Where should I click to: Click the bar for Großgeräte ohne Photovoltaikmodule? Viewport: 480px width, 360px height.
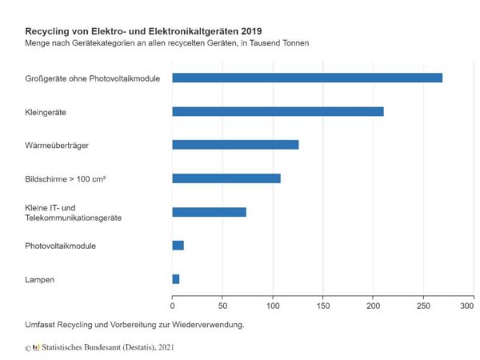point(307,78)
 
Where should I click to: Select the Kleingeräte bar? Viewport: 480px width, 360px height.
point(278,111)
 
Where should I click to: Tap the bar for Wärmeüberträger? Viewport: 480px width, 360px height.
point(235,145)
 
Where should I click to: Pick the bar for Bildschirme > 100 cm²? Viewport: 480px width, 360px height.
point(226,178)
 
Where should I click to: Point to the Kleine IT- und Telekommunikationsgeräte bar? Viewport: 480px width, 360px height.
point(209,212)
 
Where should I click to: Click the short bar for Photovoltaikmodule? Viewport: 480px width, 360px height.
point(178,246)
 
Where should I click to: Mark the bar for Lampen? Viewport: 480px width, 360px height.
point(176,279)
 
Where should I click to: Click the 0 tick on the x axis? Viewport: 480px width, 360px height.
point(172,305)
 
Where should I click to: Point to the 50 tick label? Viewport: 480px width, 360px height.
point(222,305)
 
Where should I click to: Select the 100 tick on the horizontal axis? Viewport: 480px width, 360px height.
point(273,305)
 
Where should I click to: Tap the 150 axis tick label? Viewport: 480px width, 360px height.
point(323,305)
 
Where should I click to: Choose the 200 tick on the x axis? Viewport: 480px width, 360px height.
point(373,305)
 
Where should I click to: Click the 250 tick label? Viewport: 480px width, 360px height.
point(423,305)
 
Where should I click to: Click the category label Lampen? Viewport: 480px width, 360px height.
point(39,279)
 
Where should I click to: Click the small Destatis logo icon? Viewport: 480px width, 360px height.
point(36,348)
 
